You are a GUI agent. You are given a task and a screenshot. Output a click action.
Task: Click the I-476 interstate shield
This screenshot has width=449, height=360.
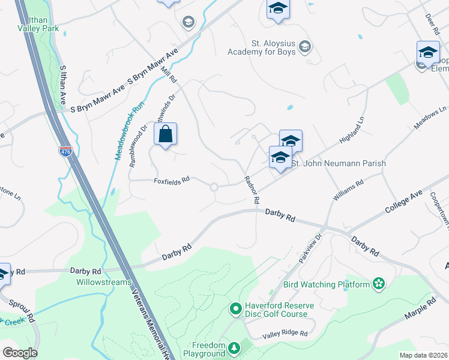click(x=65, y=152)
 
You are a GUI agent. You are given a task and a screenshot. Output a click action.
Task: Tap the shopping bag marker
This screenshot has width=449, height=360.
click(x=166, y=134)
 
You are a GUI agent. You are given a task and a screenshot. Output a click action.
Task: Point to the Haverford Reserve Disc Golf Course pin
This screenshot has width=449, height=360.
click(x=236, y=309)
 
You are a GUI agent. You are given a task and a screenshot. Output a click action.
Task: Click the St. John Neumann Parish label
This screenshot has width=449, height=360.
click(x=338, y=163)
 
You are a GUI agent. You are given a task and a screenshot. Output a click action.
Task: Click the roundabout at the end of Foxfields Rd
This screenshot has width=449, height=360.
click(x=214, y=187)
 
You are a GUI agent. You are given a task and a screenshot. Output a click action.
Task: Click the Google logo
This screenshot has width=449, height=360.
click(x=20, y=352)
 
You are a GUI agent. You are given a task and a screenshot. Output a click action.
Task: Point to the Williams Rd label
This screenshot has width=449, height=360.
click(x=349, y=191)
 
